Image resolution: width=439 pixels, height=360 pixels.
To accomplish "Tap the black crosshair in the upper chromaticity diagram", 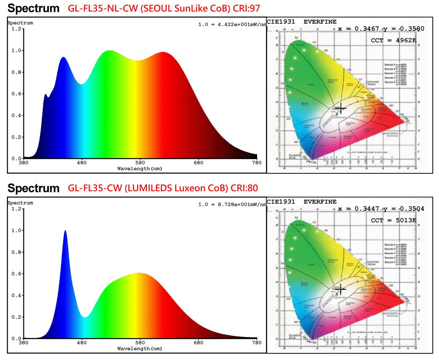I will click(341, 109).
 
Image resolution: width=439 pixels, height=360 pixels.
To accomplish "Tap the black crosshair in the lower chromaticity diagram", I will click(341, 289).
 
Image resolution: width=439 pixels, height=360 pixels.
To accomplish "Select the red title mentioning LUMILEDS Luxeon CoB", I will click(163, 188).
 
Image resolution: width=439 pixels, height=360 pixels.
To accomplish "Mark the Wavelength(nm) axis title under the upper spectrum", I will click(139, 169).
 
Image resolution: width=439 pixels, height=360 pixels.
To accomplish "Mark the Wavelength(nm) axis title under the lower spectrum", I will click(139, 349).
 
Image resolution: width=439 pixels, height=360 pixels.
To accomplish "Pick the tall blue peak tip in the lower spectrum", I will click(65, 231).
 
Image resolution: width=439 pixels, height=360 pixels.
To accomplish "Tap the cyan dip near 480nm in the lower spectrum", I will click(85, 317).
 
